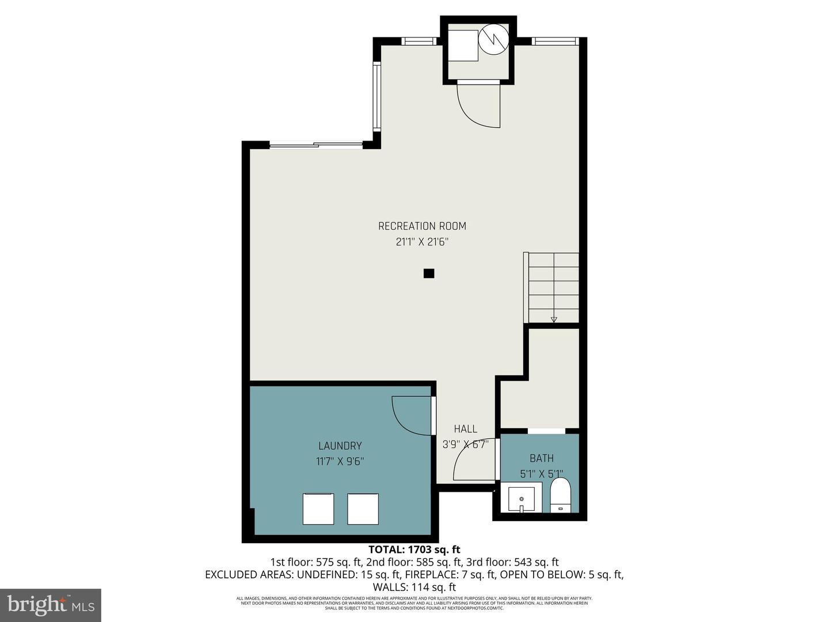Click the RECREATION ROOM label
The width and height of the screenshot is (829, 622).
point(422,226)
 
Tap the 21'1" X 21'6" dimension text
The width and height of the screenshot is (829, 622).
point(422,242)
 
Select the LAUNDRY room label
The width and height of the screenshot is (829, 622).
point(340,446)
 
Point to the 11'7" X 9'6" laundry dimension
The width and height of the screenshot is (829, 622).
point(340,461)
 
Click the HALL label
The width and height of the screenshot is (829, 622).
point(465,428)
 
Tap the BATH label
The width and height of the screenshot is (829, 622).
point(541,458)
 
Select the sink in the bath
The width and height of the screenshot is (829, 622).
point(521,498)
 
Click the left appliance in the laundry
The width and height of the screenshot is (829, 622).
point(318,509)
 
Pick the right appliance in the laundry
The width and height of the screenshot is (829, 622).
point(363,509)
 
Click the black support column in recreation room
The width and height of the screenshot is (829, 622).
point(428,274)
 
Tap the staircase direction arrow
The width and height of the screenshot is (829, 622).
point(553,318)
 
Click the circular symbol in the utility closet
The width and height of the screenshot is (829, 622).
point(495,39)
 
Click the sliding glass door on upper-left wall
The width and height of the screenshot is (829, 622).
point(315,145)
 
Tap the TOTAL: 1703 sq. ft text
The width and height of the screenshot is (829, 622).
point(414,549)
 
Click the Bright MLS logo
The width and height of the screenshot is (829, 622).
point(51,605)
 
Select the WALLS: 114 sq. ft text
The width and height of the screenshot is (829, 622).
point(414,587)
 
